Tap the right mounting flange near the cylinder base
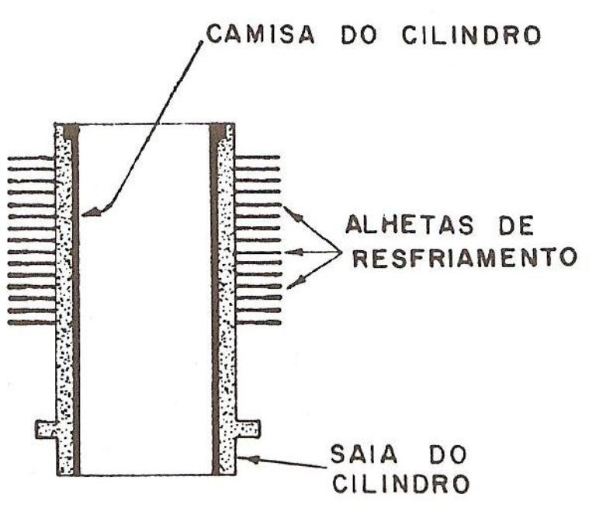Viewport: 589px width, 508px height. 248,427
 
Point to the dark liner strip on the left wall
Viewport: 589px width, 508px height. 75,311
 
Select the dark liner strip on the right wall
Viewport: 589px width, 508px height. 215,311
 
